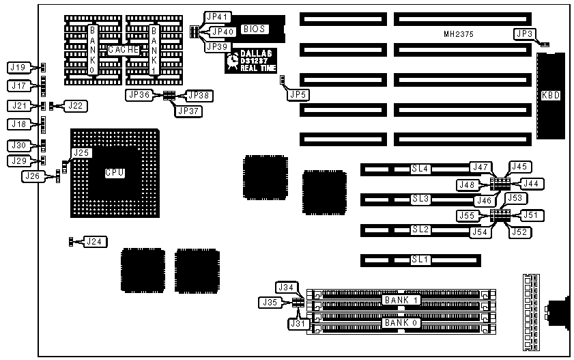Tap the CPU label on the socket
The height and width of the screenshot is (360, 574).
[x=115, y=173]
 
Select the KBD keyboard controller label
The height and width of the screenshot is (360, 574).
[x=550, y=96]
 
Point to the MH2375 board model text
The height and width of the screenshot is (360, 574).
[x=458, y=33]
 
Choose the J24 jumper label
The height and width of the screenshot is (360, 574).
[x=95, y=241]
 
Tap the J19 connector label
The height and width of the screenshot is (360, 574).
[x=18, y=67]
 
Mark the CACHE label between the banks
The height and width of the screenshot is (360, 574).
[x=124, y=50]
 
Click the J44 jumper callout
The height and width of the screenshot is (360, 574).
[x=531, y=183]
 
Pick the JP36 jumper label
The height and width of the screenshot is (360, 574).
[x=139, y=96]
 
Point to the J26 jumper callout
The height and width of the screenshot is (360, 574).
[x=31, y=176]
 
